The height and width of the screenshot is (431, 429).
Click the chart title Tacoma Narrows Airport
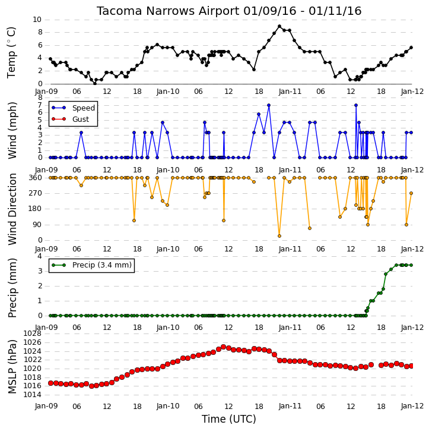click(x=168, y=11)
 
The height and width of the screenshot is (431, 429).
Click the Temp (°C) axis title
click(x=11, y=52)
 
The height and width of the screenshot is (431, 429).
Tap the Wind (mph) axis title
click(x=12, y=131)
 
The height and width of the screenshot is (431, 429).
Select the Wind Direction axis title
click(x=12, y=209)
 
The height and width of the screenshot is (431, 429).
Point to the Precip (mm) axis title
click(x=12, y=288)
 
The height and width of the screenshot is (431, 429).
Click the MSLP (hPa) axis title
click(x=12, y=367)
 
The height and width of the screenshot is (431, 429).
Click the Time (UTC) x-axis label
click(x=229, y=419)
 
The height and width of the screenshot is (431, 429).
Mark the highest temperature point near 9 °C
click(x=279, y=26)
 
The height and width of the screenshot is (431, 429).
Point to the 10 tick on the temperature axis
click(x=37, y=20)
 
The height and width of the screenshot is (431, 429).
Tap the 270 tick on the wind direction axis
click(x=36, y=193)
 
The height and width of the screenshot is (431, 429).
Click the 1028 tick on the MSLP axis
click(x=33, y=334)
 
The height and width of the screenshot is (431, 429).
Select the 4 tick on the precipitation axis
click(x=40, y=256)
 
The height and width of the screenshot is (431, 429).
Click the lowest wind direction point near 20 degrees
click(x=279, y=236)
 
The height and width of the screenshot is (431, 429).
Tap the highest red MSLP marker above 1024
click(x=224, y=347)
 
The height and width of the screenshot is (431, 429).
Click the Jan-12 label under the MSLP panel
click(x=412, y=406)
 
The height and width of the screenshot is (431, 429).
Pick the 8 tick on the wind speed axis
click(x=40, y=97)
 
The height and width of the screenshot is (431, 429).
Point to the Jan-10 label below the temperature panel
click(x=168, y=92)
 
